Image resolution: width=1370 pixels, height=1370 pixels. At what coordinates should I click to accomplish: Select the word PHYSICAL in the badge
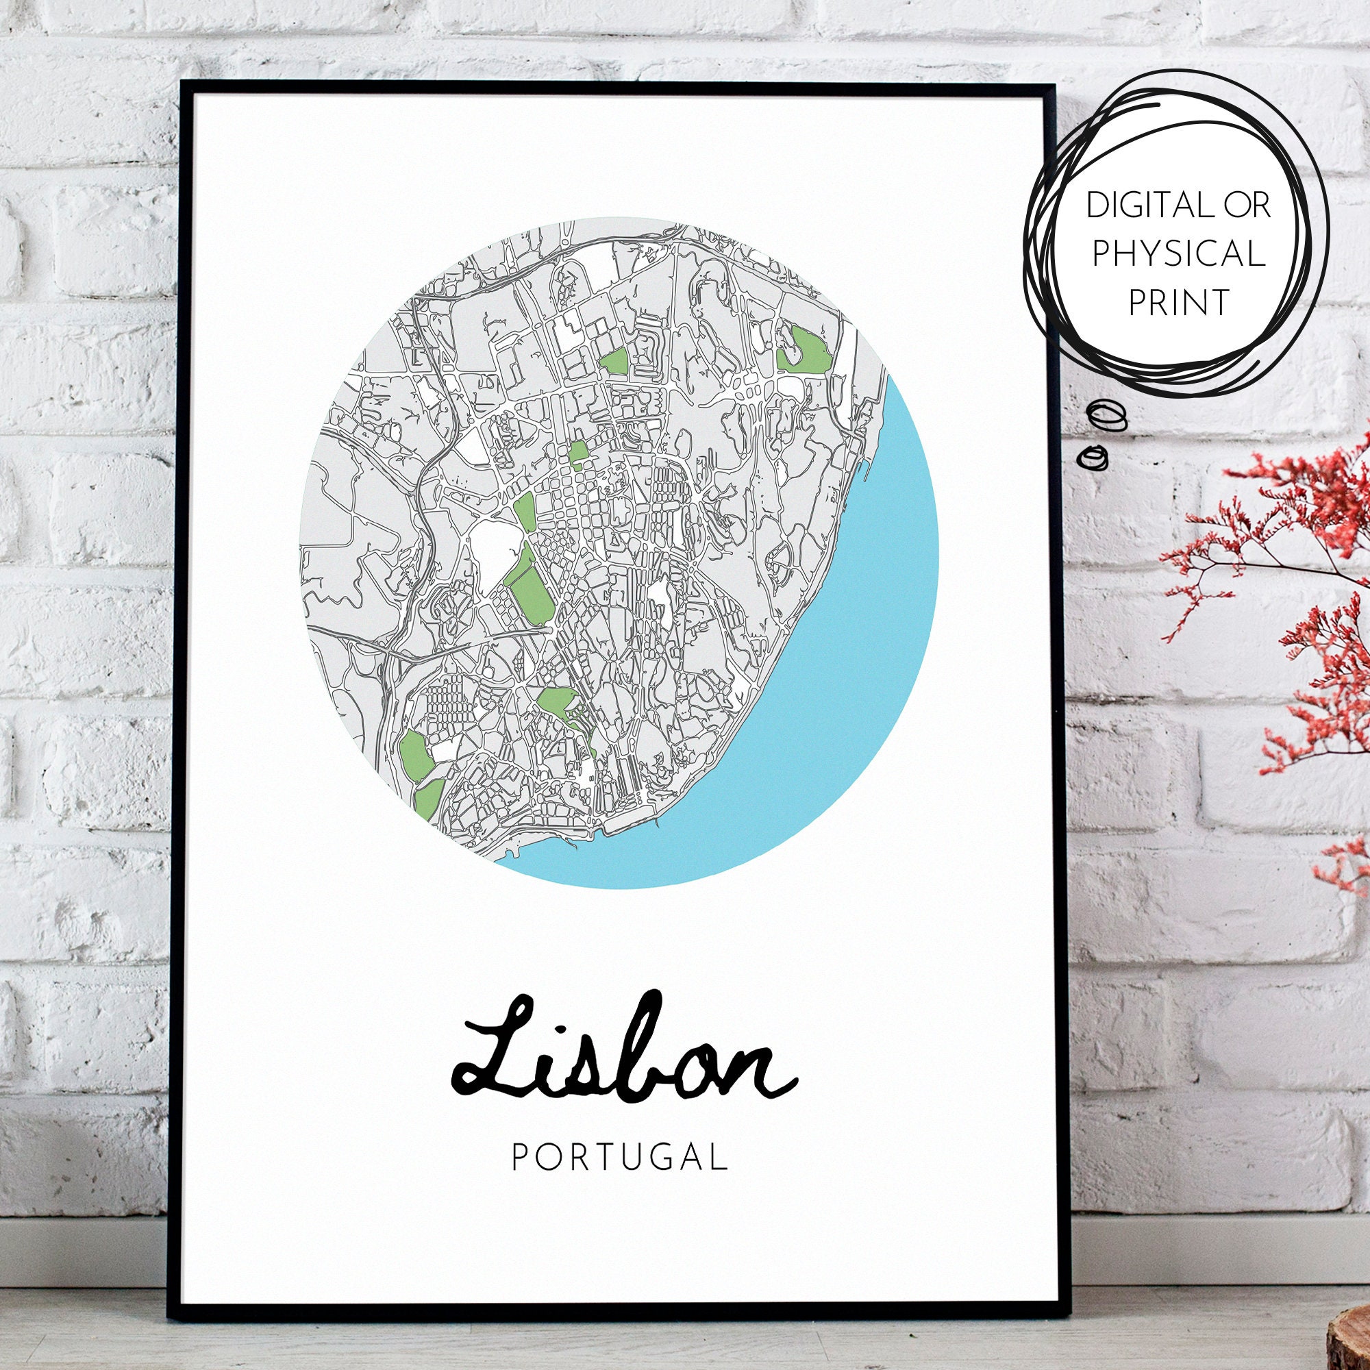(1178, 254)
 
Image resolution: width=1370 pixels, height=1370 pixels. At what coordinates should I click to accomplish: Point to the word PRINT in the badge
(1178, 302)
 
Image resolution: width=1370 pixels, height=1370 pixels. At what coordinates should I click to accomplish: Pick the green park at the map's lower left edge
(414, 751)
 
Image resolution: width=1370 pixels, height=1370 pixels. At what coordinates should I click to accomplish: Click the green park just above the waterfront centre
(560, 702)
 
